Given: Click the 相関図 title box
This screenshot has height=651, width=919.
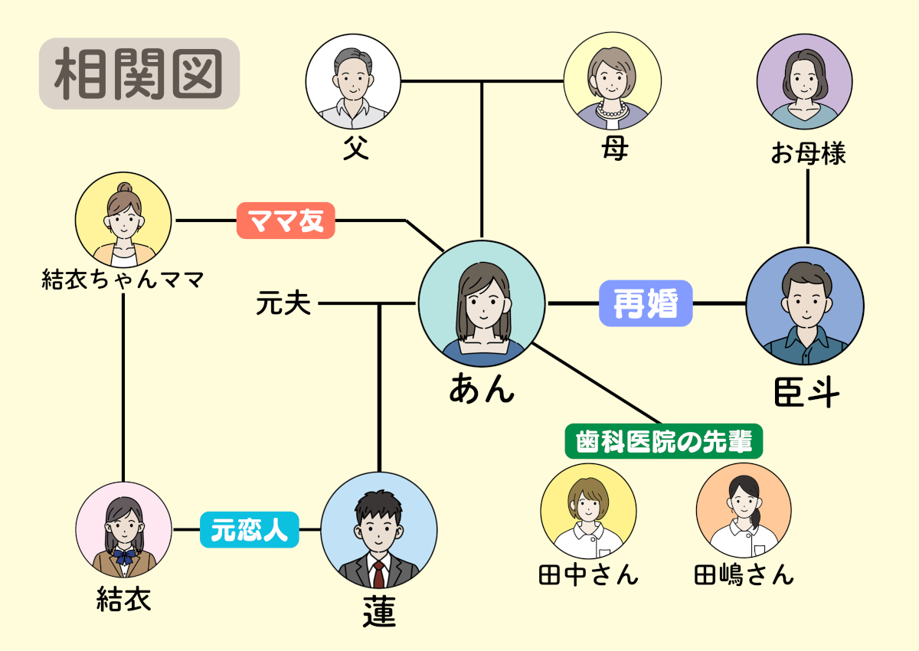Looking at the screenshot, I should pos(139,74).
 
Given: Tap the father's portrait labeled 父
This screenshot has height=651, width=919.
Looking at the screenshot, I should pos(353,81).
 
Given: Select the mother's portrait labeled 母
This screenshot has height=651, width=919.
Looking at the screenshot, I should pos(612,81).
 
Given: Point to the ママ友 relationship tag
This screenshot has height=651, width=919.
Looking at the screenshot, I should pos(286,221).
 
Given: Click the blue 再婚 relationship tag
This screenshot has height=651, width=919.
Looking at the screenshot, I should pos(646,304).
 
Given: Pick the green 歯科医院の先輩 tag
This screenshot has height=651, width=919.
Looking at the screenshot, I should pos(664,441).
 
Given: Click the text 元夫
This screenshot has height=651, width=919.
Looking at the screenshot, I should pos(284,305).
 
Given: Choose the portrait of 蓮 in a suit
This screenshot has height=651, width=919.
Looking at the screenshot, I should pos(378,530).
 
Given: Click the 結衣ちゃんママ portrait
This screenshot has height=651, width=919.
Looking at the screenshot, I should pos(124,219).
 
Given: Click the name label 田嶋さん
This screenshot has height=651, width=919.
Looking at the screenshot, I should pos(744,574).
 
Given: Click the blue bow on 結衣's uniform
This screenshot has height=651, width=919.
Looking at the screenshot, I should pos(124,554).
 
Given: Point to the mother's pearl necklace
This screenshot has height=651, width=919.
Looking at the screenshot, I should pos(612,110).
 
